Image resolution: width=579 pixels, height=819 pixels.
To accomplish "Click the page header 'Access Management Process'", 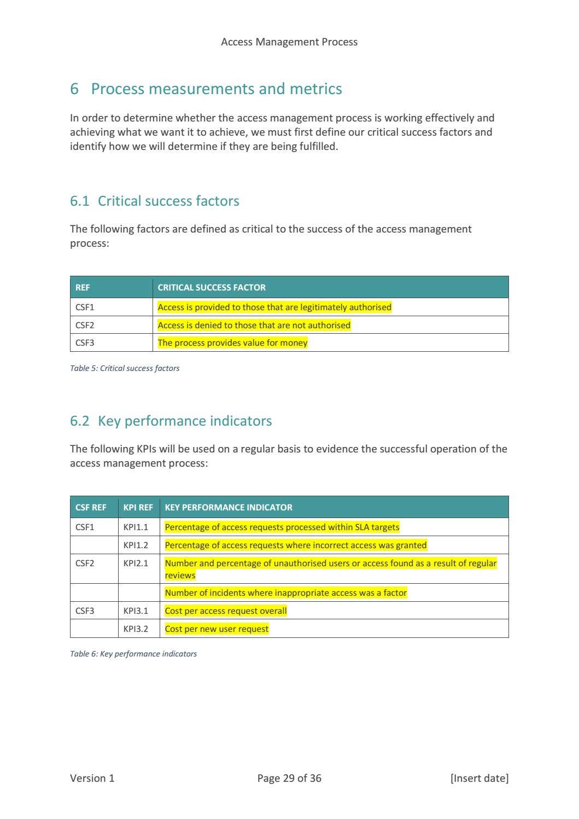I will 289,42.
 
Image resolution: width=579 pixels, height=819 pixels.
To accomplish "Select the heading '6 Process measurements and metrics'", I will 206,89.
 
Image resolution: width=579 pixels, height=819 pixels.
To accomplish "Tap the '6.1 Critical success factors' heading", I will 154,201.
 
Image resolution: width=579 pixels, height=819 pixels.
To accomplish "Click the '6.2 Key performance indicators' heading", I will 171,421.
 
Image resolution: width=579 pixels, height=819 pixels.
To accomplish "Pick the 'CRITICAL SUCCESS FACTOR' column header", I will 212,287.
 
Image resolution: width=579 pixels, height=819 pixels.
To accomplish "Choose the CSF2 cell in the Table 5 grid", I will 85,325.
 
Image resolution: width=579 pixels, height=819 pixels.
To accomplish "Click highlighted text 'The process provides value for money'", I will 232,343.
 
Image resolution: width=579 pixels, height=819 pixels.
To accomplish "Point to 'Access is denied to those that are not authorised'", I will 254,325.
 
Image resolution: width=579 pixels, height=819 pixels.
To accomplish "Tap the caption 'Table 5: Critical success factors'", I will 125,368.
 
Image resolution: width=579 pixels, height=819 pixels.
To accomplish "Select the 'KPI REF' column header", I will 138,507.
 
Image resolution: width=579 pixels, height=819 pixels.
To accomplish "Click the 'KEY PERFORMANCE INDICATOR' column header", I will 229,507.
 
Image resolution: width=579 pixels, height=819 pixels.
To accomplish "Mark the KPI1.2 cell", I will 136,545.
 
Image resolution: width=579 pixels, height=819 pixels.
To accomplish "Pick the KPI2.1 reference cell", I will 136,563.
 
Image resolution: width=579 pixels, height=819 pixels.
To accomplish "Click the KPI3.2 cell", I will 136,629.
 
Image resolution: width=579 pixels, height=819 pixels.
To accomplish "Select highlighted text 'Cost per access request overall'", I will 225,611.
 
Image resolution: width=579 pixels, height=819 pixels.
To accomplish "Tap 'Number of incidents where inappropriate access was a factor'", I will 285,593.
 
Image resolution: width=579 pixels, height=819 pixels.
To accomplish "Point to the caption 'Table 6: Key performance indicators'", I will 133,654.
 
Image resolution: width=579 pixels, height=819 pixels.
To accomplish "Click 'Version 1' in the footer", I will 92,778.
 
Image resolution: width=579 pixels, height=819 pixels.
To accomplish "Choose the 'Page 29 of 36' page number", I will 289,778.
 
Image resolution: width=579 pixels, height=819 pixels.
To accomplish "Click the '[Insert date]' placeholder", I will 479,778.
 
